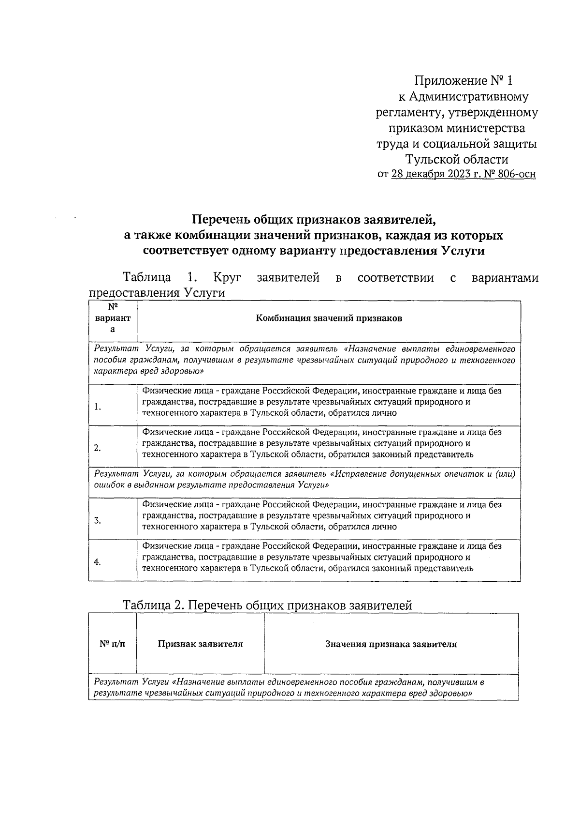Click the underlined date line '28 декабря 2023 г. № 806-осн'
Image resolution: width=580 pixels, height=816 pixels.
[463, 174]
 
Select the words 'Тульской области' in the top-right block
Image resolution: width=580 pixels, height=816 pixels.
[457, 159]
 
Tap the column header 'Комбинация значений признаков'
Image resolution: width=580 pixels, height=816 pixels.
[329, 318]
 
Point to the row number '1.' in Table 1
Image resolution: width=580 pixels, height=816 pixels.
[98, 407]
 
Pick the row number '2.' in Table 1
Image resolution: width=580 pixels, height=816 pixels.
[98, 448]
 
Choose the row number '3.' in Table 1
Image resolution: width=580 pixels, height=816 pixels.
[98, 521]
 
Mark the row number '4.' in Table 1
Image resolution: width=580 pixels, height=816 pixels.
[98, 562]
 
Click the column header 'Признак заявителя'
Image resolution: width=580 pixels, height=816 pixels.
[200, 644]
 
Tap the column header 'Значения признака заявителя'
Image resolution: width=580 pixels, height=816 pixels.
[391, 644]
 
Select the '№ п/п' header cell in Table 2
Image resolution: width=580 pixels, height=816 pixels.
[112, 644]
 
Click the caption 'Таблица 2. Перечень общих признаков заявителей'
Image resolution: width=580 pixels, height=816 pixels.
[267, 605]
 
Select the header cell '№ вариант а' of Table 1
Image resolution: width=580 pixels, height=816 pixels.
[113, 318]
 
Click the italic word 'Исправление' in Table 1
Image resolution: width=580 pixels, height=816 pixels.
[363, 474]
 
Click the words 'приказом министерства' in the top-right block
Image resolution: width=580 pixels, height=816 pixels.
[457, 128]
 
